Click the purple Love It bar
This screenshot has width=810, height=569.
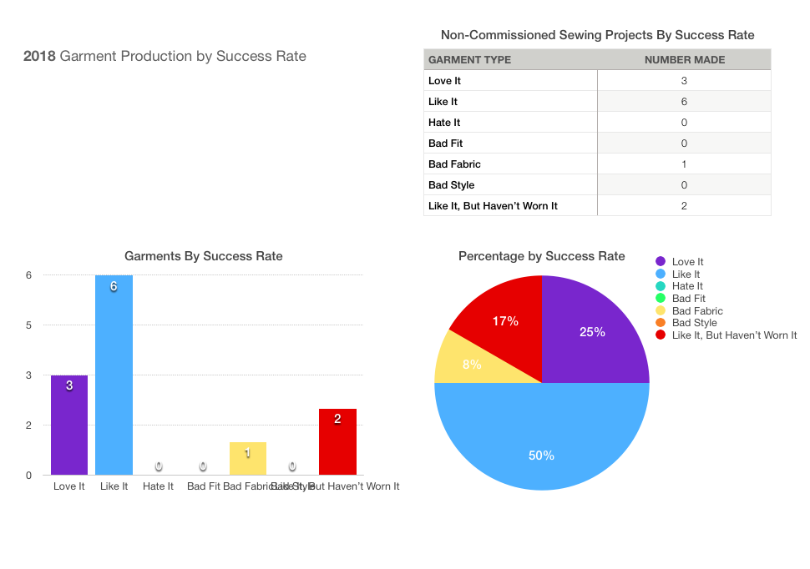click(69, 425)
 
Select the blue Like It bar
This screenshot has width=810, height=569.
click(114, 375)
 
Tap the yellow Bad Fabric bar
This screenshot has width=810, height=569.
click(248, 458)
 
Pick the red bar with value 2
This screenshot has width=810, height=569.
click(337, 441)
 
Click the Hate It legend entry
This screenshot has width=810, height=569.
click(686, 286)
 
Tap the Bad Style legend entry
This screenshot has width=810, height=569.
click(693, 323)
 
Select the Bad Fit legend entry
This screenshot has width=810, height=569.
click(687, 299)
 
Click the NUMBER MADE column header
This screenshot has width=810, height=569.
click(684, 60)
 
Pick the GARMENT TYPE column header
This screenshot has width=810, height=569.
click(469, 60)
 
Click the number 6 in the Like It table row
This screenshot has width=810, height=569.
click(684, 102)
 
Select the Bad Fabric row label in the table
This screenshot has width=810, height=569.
click(454, 164)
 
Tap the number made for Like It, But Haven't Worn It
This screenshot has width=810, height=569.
click(684, 206)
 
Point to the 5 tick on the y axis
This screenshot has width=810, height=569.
click(28, 325)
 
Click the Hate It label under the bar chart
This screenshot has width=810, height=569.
click(158, 486)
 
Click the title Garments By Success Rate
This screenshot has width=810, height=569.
click(203, 256)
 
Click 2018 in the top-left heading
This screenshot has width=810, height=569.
click(40, 57)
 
